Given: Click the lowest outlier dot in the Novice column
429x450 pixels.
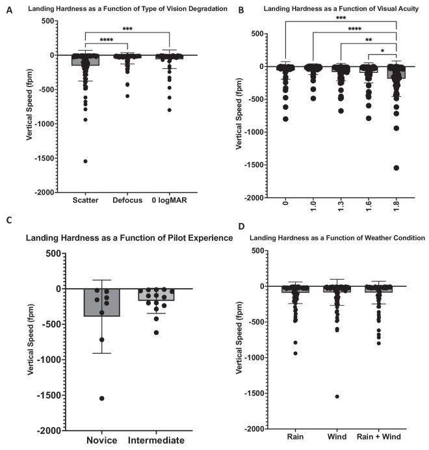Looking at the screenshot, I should tap(102, 398).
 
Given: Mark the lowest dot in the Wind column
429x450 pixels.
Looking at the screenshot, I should tap(337, 396).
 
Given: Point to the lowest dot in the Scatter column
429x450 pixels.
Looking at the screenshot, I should tap(85, 161).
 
